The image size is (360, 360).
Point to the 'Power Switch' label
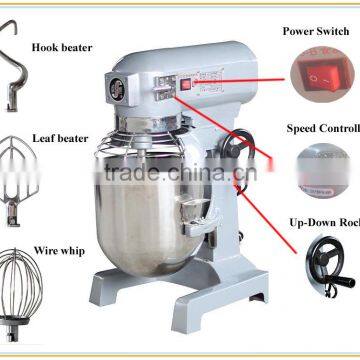point(316,32)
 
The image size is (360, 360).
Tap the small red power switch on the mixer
point(186,87)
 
